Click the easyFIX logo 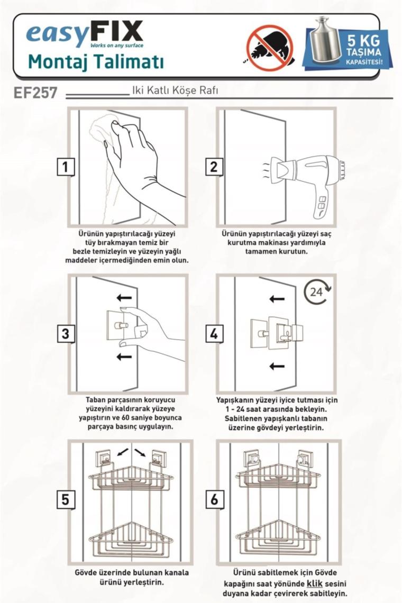(x=85, y=34)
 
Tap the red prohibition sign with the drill (x=270, y=48)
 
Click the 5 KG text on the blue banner (x=363, y=41)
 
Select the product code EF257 (x=35, y=93)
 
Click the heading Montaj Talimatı (x=96, y=61)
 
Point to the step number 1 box (x=65, y=167)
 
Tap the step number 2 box (x=214, y=167)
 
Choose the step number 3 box (x=65, y=333)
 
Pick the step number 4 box (x=214, y=333)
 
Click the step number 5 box (x=65, y=499)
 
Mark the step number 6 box (x=214, y=499)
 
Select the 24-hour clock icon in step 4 (x=317, y=291)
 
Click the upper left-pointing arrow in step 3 (x=124, y=297)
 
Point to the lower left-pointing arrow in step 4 (x=277, y=366)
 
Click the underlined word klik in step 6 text (x=315, y=583)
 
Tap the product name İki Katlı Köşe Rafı (x=175, y=90)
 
